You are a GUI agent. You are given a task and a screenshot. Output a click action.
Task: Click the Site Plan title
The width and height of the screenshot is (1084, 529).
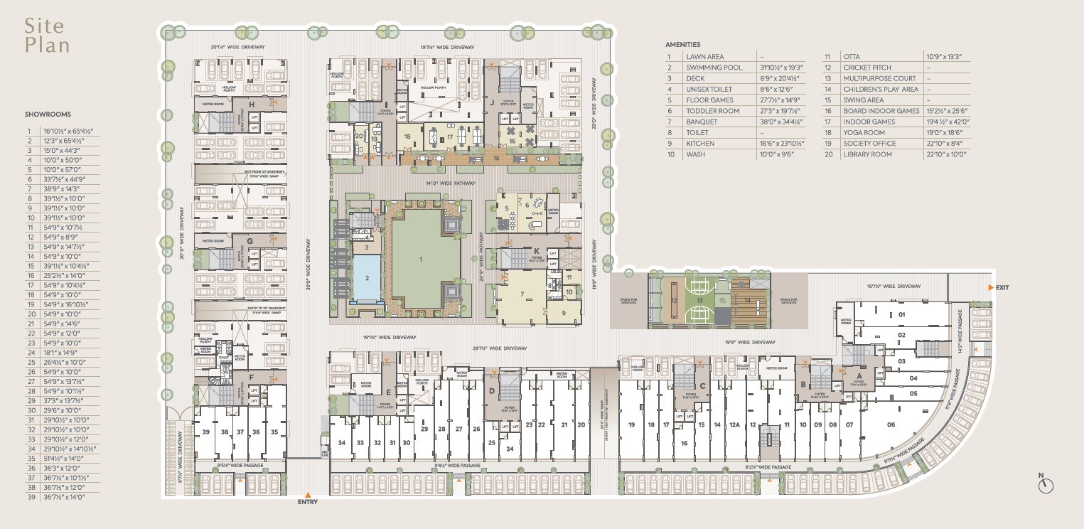pyautogui.click(x=47, y=36)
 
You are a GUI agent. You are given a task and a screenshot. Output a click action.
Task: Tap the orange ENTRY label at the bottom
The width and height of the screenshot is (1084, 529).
pyautogui.click(x=308, y=502)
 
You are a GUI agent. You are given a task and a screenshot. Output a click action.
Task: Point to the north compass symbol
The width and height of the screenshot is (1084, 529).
pyautogui.click(x=1045, y=485)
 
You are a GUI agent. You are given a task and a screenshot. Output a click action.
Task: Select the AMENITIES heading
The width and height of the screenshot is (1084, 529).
pyautogui.click(x=682, y=44)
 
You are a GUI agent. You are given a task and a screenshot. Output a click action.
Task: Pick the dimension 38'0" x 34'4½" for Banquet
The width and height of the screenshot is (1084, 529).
pyautogui.click(x=779, y=122)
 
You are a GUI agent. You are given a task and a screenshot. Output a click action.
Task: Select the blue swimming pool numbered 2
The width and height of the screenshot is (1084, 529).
pyautogui.click(x=367, y=279)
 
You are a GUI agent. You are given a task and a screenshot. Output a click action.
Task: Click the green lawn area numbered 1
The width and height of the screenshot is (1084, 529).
pyautogui.click(x=421, y=260)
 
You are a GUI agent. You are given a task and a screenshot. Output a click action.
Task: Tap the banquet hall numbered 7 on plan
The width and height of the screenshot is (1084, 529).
pyautogui.click(x=521, y=294)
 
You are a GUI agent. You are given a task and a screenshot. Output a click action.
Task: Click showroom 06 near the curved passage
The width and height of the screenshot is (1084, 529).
pyautogui.click(x=891, y=425)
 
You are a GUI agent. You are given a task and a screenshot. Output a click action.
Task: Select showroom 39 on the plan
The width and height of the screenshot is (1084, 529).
pyautogui.click(x=206, y=432)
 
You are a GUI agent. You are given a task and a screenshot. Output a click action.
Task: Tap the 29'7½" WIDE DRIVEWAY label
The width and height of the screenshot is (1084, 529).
pyautogui.click(x=500, y=348)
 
